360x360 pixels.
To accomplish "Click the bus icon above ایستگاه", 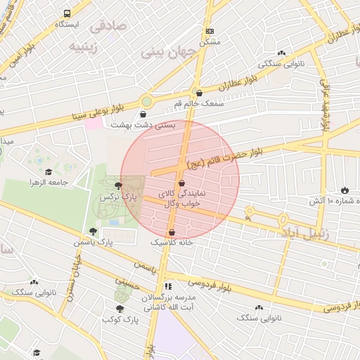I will (x=67, y=13).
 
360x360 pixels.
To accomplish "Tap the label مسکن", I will (x=210, y=41).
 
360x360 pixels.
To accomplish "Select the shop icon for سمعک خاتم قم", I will (x=199, y=93).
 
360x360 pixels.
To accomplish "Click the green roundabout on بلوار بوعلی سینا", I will (x=147, y=103).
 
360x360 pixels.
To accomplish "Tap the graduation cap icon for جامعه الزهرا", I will (x=49, y=172).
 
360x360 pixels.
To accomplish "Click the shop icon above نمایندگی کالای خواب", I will (x=182, y=183).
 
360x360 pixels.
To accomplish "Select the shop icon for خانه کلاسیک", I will (x=172, y=233).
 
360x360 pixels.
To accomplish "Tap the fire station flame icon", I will (x=345, y=190).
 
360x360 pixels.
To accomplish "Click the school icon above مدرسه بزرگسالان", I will (x=167, y=287).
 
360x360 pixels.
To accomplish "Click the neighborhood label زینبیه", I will (x=88, y=46).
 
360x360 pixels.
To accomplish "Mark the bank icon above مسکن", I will (x=210, y=32).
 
